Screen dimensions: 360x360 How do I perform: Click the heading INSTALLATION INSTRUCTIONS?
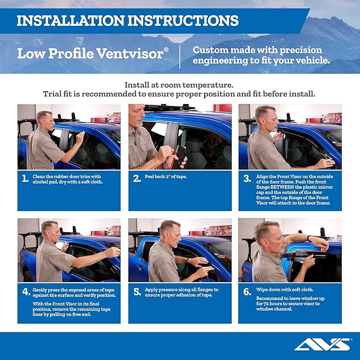click(x=127, y=21)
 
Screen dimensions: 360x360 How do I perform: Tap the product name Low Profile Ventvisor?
click(x=93, y=54)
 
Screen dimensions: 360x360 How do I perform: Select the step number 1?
click(x=25, y=179)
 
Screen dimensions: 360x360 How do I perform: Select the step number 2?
click(x=136, y=179)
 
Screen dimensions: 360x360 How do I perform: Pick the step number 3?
click(x=247, y=179)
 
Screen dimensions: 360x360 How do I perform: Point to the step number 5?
click(x=136, y=292)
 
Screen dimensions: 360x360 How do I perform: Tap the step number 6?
click(x=247, y=292)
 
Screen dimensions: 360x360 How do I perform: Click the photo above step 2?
click(x=180, y=136)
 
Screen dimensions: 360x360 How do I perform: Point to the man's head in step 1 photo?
click(x=44, y=119)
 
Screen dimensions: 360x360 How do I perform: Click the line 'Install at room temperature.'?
click(x=179, y=85)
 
